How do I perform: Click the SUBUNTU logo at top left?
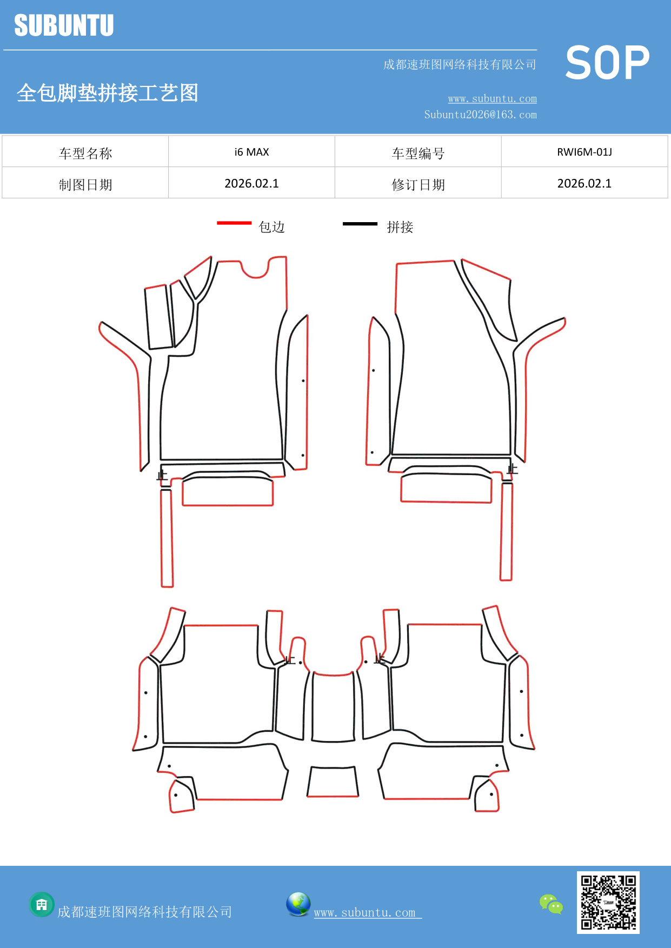click(x=64, y=26)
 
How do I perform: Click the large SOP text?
click(x=607, y=63)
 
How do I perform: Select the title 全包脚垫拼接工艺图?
click(x=108, y=93)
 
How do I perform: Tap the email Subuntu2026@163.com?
click(x=480, y=115)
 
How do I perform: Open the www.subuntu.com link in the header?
click(x=492, y=99)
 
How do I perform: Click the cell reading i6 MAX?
click(x=251, y=152)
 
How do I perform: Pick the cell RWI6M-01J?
click(x=584, y=152)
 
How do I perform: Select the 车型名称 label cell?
click(x=85, y=153)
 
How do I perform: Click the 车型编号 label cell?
click(x=418, y=153)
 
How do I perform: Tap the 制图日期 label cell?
click(x=85, y=185)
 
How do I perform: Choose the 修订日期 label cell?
click(x=418, y=185)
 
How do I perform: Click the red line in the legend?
click(x=234, y=223)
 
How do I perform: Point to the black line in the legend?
click(x=360, y=223)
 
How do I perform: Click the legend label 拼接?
click(x=400, y=227)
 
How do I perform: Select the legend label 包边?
click(x=271, y=227)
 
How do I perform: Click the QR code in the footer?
click(x=608, y=902)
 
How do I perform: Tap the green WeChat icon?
click(x=551, y=904)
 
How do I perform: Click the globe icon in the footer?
click(x=298, y=904)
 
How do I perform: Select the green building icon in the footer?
click(x=42, y=904)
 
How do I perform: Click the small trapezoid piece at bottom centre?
click(x=333, y=782)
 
